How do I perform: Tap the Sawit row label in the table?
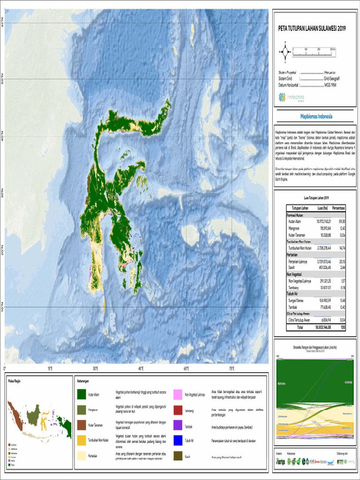coord(291,267)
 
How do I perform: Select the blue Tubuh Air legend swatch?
coord(178,441)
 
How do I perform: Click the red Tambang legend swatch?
coord(178,410)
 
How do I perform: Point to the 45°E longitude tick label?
coord(141,369)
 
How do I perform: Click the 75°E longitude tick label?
coord(232,369)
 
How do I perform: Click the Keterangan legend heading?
coord(82,381)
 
